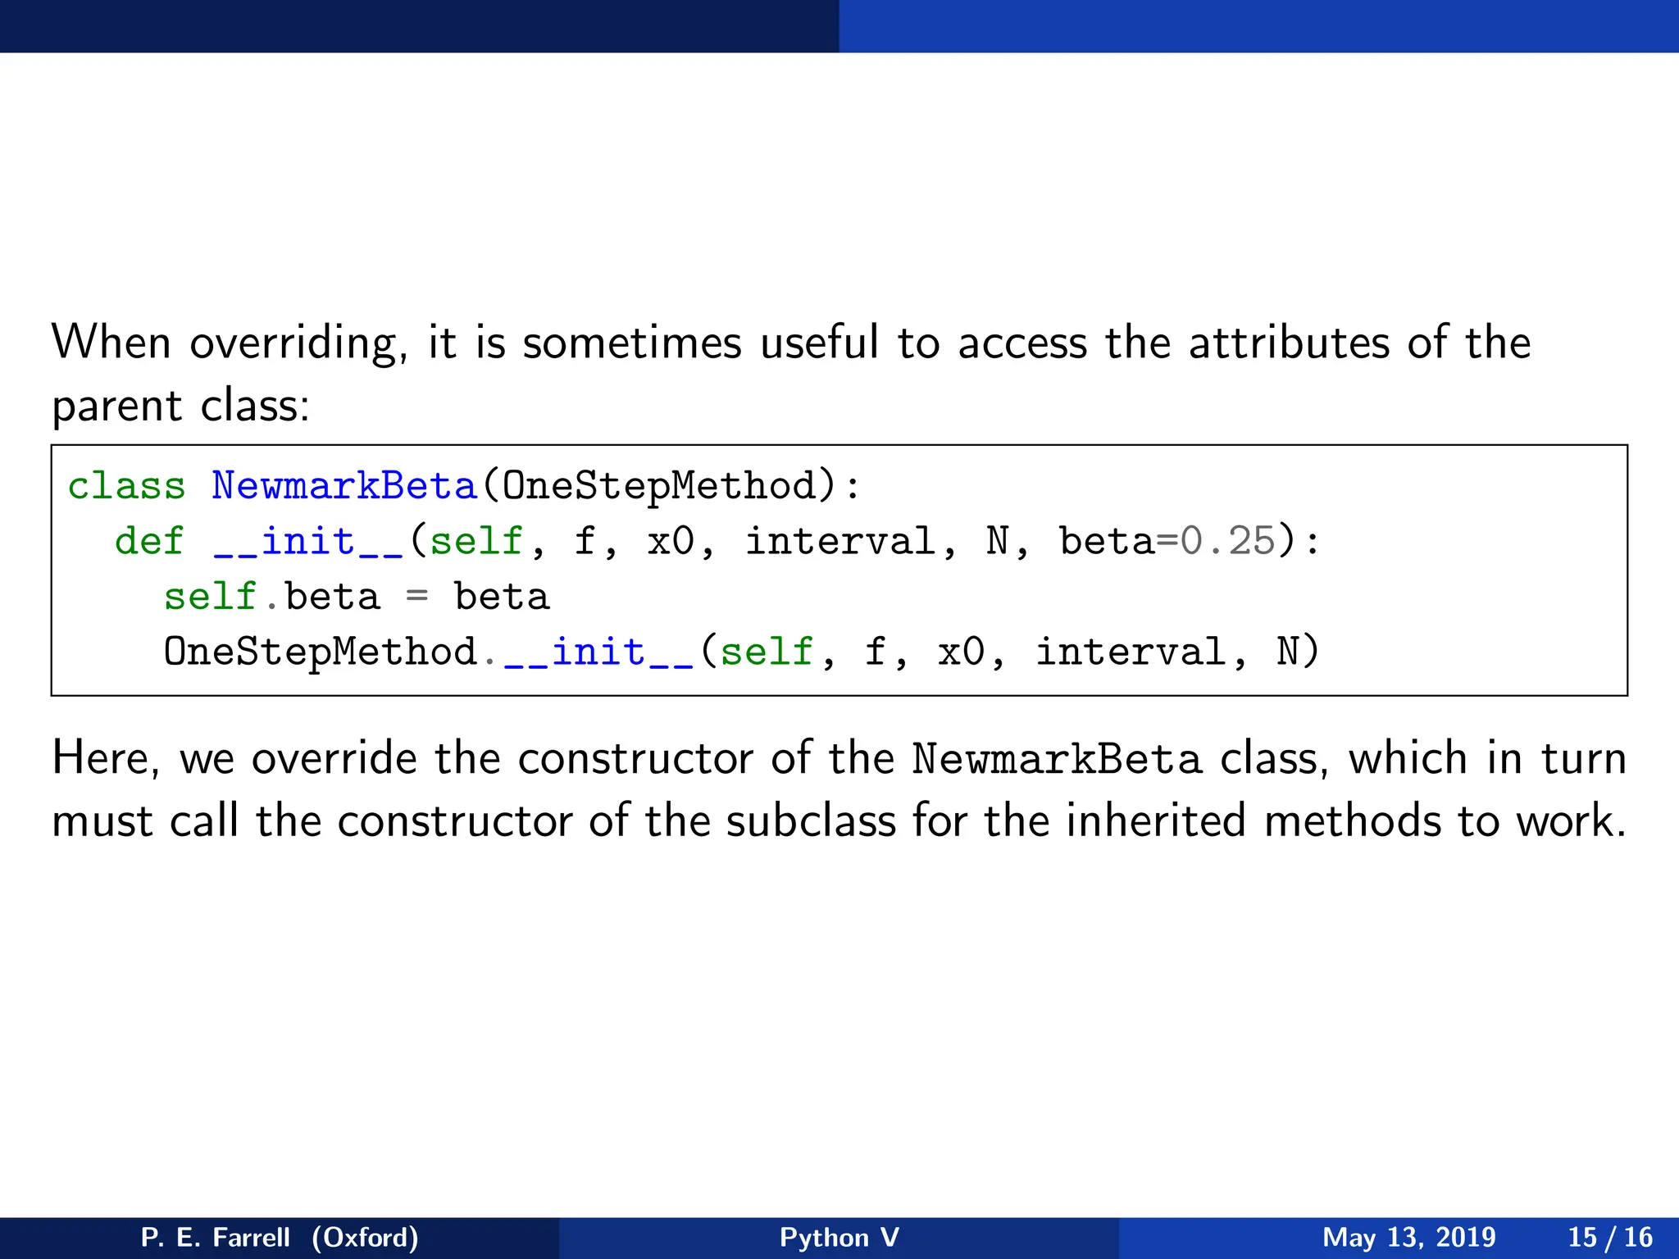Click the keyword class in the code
pyautogui.click(x=126, y=486)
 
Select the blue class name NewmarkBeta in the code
pyautogui.click(x=344, y=486)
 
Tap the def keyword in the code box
pyautogui.click(x=150, y=542)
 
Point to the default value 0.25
pyautogui.click(x=1227, y=542)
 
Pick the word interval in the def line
pyautogui.click(x=839, y=542)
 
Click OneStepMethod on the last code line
pyautogui.click(x=320, y=652)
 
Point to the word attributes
pyautogui.click(x=1289, y=343)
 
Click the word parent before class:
pyautogui.click(x=116, y=407)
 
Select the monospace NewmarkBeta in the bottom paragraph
pyautogui.click(x=1057, y=759)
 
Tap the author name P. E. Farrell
pyautogui.click(x=216, y=1237)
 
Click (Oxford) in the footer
pyautogui.click(x=365, y=1237)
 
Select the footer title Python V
pyautogui.click(x=839, y=1237)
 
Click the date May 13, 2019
pyautogui.click(x=1408, y=1237)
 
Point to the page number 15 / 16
pyautogui.click(x=1610, y=1237)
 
